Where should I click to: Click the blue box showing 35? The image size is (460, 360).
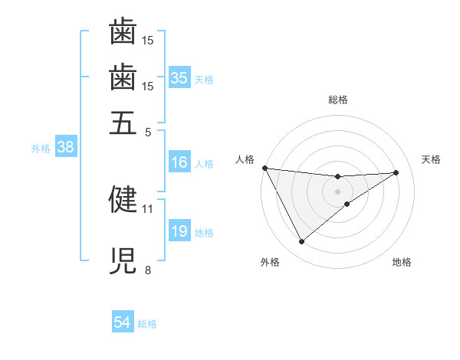[x=179, y=78]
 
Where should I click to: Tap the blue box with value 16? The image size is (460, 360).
[x=179, y=162]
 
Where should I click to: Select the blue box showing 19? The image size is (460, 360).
[x=179, y=231]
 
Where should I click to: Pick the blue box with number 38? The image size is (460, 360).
[x=65, y=147]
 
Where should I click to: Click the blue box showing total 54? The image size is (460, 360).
[x=122, y=322]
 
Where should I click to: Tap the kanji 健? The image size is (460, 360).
[x=123, y=198]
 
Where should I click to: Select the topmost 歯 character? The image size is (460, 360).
[x=123, y=32]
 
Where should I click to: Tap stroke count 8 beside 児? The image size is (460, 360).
[x=148, y=270]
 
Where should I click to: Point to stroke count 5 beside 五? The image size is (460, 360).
[x=148, y=131]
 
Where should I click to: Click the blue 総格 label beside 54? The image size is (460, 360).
[x=147, y=324]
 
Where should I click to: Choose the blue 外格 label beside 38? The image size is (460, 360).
[x=40, y=149]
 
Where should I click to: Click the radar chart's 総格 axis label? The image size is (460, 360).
[x=337, y=100]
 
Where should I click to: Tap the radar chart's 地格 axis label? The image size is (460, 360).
[x=402, y=262]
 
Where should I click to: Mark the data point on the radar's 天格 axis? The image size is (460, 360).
[x=396, y=172]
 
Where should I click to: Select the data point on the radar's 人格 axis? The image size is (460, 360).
[x=264, y=168]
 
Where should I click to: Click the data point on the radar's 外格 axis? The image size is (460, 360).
[x=301, y=242]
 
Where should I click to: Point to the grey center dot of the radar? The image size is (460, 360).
[x=337, y=191]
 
